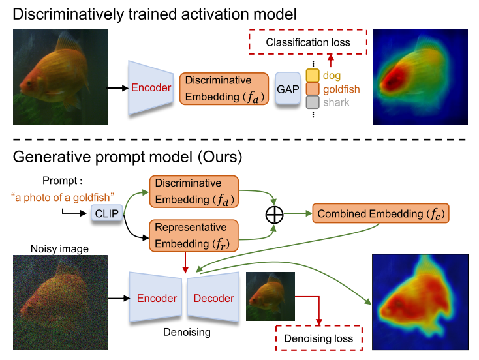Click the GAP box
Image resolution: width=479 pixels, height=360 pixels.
(x=287, y=89)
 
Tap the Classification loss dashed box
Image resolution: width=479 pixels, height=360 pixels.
(x=307, y=42)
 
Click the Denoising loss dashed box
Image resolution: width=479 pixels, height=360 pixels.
(x=318, y=338)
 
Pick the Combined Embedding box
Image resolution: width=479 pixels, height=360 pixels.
(x=382, y=214)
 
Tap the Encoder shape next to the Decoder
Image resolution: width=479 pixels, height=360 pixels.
(x=157, y=298)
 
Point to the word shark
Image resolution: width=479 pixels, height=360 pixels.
(x=336, y=102)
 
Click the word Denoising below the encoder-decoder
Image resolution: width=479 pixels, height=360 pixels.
(x=186, y=332)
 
